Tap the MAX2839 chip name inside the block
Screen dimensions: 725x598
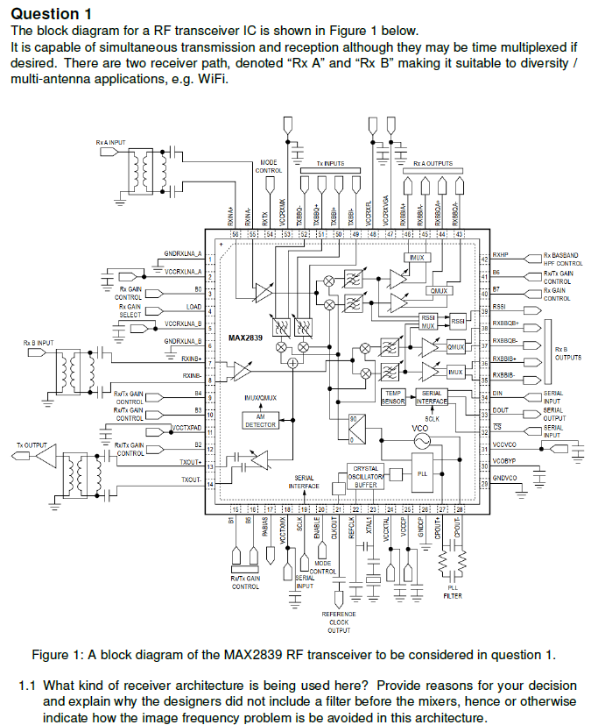(246, 337)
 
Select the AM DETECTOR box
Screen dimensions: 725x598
(260, 421)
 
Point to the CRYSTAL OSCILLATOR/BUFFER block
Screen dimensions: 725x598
(365, 476)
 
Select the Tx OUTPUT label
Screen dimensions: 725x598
(32, 445)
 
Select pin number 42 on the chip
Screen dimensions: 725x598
(484, 259)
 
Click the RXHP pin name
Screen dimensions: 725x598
(501, 255)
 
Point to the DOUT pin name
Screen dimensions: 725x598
(501, 409)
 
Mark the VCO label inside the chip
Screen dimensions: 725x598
(420, 429)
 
